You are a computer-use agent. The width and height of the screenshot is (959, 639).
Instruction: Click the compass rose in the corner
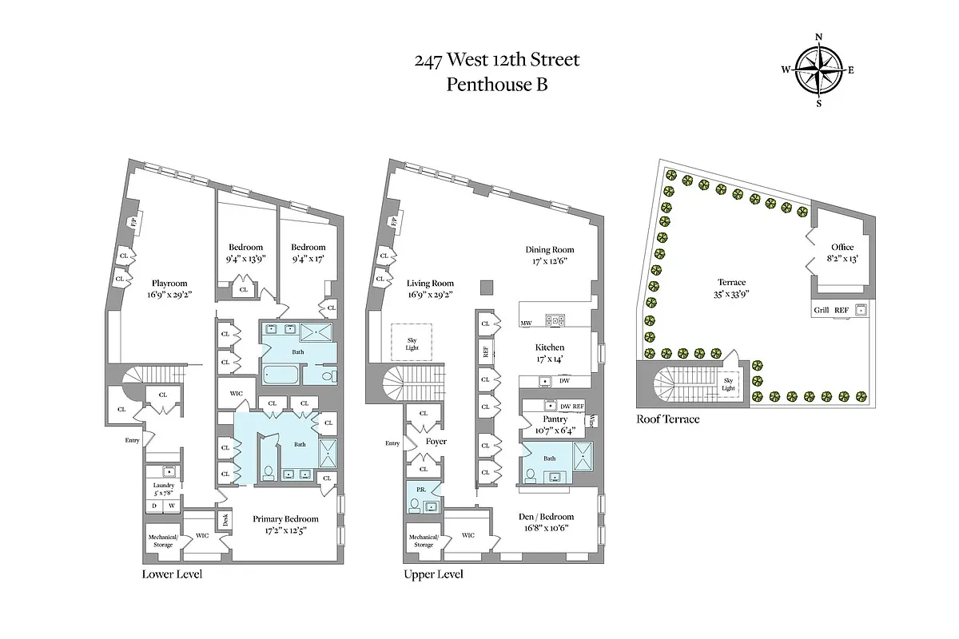coord(818,69)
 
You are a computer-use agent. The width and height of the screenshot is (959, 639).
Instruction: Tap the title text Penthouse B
coord(497,83)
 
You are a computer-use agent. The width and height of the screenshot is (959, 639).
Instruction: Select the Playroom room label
coord(169,283)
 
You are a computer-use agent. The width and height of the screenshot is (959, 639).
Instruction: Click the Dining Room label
coord(549,250)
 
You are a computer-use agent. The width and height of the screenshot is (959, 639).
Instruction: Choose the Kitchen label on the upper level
coord(550,347)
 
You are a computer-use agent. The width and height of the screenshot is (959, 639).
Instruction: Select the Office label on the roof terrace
coord(842,248)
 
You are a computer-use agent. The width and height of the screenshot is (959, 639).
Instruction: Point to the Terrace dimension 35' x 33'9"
coord(731,294)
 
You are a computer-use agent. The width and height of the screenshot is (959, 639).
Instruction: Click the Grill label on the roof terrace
coord(820,310)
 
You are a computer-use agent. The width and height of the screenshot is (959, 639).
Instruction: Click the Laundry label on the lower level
coord(164,485)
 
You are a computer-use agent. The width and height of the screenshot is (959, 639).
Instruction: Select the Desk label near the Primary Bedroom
coord(225,519)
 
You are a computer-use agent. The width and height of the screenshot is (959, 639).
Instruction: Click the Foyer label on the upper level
coord(436,441)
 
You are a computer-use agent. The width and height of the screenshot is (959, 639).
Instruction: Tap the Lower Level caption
coord(172,574)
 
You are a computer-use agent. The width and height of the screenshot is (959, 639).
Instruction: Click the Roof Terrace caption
coord(667,419)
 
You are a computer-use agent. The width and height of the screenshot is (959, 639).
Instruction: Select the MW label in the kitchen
coord(526,323)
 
